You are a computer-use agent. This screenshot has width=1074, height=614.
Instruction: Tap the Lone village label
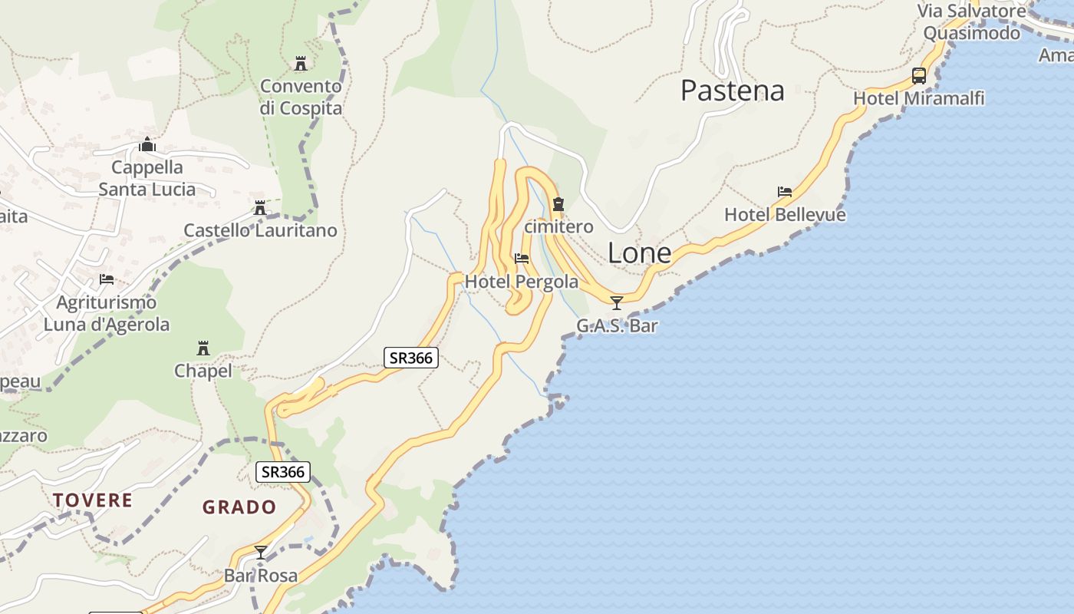click(639, 253)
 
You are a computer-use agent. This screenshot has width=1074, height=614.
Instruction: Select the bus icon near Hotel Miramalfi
click(918, 75)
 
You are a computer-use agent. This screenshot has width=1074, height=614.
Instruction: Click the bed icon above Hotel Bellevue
click(784, 192)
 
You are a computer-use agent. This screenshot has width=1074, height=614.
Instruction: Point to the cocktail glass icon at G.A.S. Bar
click(616, 302)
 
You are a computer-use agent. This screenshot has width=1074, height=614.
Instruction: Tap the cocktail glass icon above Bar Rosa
click(261, 552)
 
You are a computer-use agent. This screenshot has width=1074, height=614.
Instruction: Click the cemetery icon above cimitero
click(558, 204)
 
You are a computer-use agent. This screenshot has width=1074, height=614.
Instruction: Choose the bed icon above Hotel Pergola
click(522, 259)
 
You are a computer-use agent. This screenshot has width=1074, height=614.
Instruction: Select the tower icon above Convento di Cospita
click(300, 63)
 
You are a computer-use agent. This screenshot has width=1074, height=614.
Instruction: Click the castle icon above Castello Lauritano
click(260, 207)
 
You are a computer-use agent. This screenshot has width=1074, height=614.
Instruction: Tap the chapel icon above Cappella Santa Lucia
click(147, 144)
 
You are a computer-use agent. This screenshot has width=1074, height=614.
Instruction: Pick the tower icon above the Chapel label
click(203, 348)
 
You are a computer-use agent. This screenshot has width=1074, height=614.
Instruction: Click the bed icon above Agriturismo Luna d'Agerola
click(107, 279)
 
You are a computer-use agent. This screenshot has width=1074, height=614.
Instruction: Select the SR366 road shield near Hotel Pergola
click(411, 358)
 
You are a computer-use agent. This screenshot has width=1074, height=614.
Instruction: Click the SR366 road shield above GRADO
click(283, 472)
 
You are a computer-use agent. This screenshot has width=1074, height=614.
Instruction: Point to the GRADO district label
click(239, 507)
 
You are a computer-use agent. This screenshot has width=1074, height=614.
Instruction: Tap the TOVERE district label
click(93, 500)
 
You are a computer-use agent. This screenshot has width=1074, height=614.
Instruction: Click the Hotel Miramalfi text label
click(918, 98)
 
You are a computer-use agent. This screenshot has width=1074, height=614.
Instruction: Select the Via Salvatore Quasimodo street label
click(971, 21)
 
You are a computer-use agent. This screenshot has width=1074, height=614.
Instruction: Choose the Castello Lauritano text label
click(260, 230)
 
